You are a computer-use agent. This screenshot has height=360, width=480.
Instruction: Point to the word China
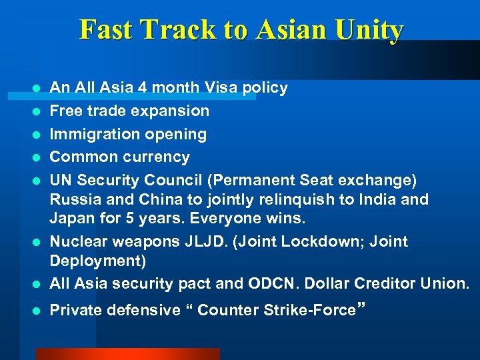(x=155, y=199)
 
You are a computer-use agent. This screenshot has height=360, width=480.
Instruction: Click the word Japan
(x=73, y=218)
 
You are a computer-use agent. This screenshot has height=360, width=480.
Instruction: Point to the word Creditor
(x=382, y=283)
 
